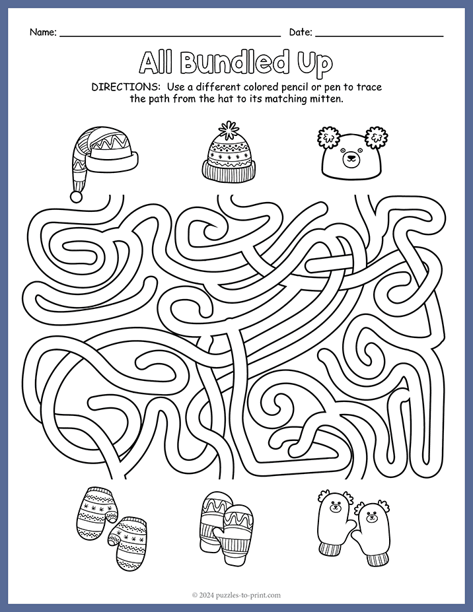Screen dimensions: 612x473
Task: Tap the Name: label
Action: click(x=43, y=32)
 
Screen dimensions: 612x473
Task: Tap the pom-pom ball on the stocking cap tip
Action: click(x=77, y=196)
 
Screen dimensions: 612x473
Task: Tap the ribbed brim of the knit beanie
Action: click(x=229, y=172)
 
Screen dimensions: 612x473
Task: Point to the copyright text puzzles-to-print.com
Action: click(x=236, y=595)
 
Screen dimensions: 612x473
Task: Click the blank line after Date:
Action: click(x=379, y=35)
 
